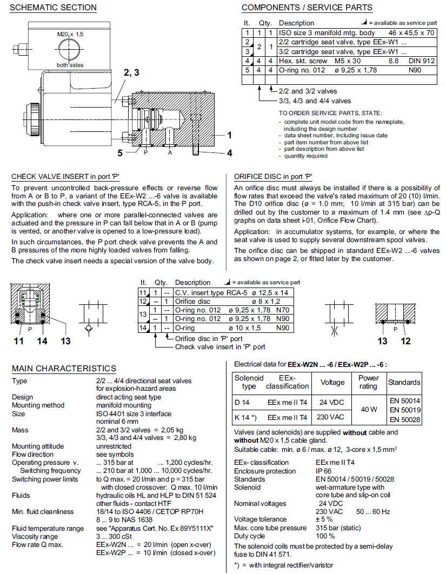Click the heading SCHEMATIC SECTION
(x=54, y=8)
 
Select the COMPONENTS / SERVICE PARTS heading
(x=307, y=8)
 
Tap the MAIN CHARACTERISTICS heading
(x=64, y=369)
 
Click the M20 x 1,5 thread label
(x=71, y=34)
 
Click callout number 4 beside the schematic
(x=229, y=153)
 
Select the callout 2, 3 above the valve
(x=131, y=72)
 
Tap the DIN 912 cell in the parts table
(x=422, y=61)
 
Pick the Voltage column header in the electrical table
(x=332, y=382)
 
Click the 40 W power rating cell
(x=368, y=409)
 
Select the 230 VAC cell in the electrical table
(x=332, y=417)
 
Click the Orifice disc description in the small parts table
(x=194, y=301)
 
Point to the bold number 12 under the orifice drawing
(x=405, y=341)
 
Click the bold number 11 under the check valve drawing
(x=18, y=341)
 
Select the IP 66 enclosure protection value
(x=324, y=471)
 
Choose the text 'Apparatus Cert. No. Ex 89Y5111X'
(x=155, y=529)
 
